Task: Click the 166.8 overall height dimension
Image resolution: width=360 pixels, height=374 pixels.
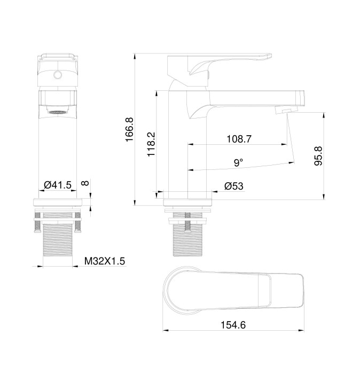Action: tap(129, 129)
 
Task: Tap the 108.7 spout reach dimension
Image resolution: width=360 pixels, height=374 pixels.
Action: tap(239, 138)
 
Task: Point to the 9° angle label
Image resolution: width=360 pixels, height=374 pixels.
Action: tap(238, 161)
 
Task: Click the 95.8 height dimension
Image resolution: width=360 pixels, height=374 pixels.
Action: tap(318, 155)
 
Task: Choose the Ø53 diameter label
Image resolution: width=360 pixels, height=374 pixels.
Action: tap(234, 186)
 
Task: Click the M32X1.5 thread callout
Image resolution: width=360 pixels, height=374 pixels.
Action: tap(105, 261)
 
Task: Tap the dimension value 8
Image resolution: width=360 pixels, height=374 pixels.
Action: tap(84, 183)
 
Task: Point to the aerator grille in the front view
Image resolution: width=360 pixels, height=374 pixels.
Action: tap(58, 112)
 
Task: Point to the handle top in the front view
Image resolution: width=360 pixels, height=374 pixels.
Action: tap(58, 59)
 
